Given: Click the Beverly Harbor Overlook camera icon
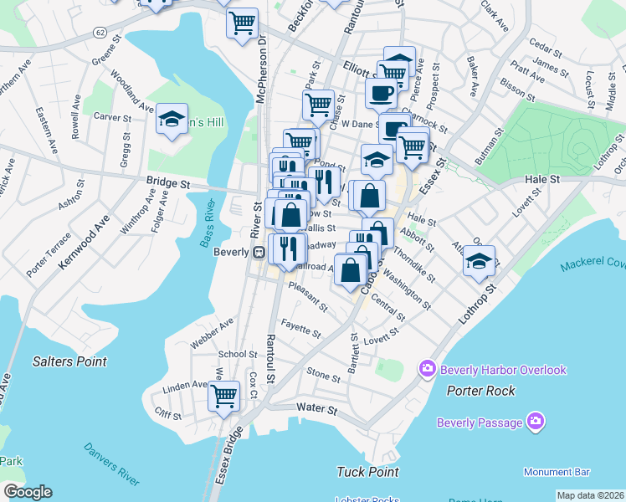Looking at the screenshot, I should (x=428, y=368).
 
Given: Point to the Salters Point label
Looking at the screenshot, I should (x=70, y=361).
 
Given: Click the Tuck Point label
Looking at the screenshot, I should (x=367, y=471).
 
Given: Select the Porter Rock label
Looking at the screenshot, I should (x=480, y=390).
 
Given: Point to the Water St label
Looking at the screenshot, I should (x=316, y=411).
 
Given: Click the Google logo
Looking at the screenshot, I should (x=28, y=491).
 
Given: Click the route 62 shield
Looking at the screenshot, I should (x=100, y=32).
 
